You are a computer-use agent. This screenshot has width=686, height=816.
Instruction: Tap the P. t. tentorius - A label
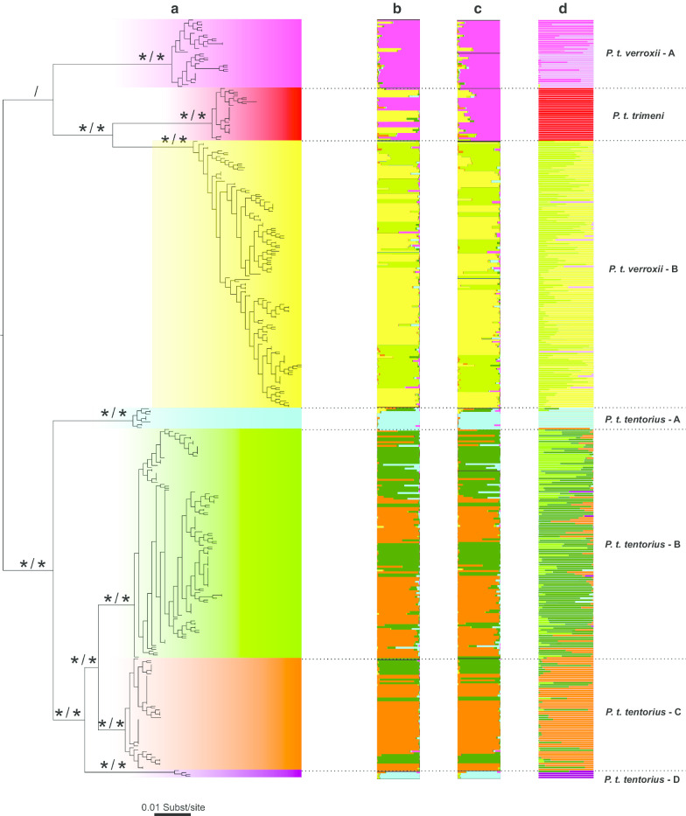[641, 420]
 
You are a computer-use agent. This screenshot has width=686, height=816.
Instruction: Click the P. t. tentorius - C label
[642, 713]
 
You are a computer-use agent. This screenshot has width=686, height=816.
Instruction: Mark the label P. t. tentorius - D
[642, 778]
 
